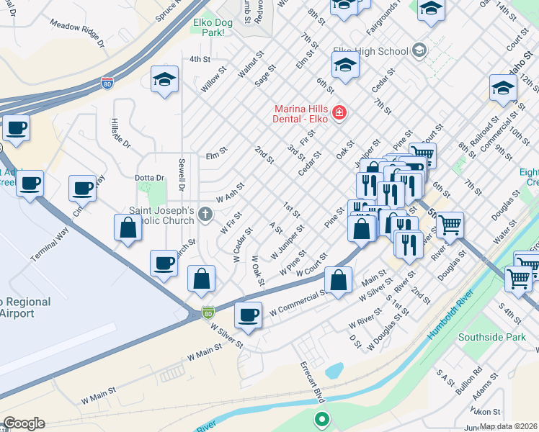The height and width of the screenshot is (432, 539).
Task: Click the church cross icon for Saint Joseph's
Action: (x=205, y=214)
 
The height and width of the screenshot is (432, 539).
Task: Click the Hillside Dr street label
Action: (x=122, y=133)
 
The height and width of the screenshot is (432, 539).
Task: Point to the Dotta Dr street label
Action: (x=130, y=177)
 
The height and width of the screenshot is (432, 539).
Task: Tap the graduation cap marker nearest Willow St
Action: (x=164, y=80)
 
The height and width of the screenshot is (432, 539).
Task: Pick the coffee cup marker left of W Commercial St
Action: (x=249, y=315)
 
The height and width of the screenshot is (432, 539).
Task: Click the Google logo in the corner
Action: (x=24, y=423)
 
